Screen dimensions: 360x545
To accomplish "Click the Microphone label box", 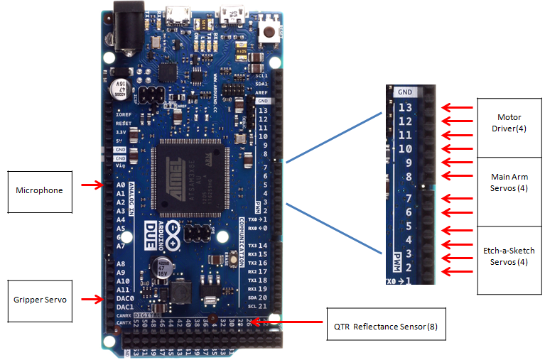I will (x=40, y=190).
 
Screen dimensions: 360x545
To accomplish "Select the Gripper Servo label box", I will (x=41, y=300).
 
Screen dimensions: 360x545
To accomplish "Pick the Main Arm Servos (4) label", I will (x=510, y=182).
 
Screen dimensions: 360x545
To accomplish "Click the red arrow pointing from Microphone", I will (x=93, y=185).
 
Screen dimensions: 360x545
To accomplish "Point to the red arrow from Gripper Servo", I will (x=93, y=300).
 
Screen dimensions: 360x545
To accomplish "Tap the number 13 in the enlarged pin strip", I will (x=405, y=108).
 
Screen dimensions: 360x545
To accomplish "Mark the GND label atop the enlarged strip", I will (x=405, y=92).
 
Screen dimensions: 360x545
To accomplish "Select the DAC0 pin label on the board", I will (x=124, y=299).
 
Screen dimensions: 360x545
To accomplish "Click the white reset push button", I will (x=269, y=31).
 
